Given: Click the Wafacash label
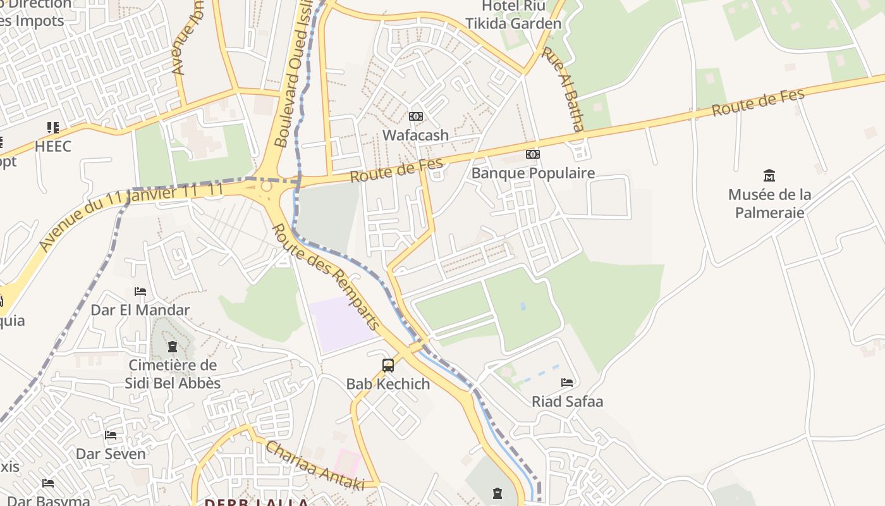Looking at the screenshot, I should pos(415,135).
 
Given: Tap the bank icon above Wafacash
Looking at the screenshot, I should pos(415,116).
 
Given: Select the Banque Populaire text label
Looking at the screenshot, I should pos(533,173).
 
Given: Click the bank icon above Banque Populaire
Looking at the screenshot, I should pos(533,154).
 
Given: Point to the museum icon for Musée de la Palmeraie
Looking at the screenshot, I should pos(769,175).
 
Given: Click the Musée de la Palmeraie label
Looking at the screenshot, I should pos(769,203).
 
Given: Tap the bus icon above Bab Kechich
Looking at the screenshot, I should pos(388,366).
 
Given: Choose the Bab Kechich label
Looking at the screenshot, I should pos(388,384).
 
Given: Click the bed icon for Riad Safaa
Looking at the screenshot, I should pos(567,383).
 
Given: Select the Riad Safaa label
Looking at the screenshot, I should pos(567,401).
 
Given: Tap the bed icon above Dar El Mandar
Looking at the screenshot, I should pos(140,292).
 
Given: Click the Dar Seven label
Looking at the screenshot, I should pos(111,454).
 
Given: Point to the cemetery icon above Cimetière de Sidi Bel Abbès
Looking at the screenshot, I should pos(172,347).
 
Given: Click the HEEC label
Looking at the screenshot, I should pos(53,146).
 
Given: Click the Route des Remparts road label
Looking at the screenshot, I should pos(326,277).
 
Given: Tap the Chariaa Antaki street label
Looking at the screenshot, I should pos(314,465).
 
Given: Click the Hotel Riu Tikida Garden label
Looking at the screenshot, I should pos(513,15).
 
